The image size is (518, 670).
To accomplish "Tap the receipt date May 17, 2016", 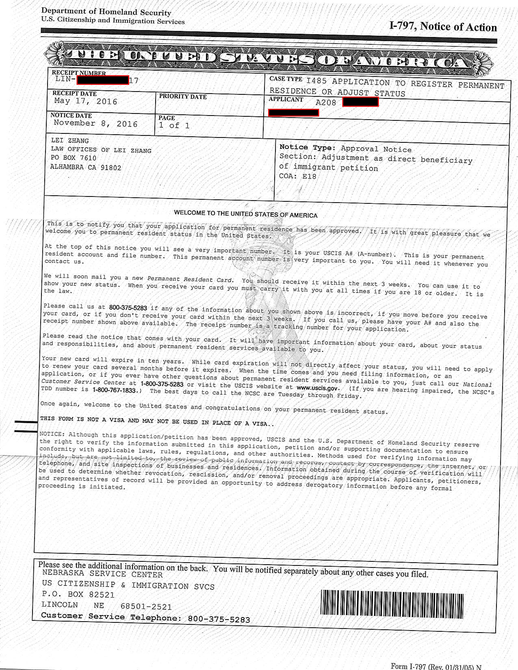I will pyautogui.click(x=86, y=101).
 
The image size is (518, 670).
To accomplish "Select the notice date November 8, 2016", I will pyautogui.click(x=95, y=124).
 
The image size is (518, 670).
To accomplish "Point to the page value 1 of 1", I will pyautogui.click(x=174, y=125).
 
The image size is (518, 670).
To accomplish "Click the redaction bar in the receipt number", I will pyautogui.click(x=103, y=80).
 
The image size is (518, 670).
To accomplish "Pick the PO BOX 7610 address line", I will pyautogui.click(x=74, y=158).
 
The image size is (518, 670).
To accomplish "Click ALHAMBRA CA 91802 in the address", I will pyautogui.click(x=86, y=168).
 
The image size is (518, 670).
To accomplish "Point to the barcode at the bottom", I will pyautogui.click(x=392, y=604).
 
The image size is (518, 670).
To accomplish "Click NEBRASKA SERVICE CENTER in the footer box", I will pyautogui.click(x=102, y=574).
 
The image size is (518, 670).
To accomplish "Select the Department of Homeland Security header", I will pyautogui.click(x=106, y=12).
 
